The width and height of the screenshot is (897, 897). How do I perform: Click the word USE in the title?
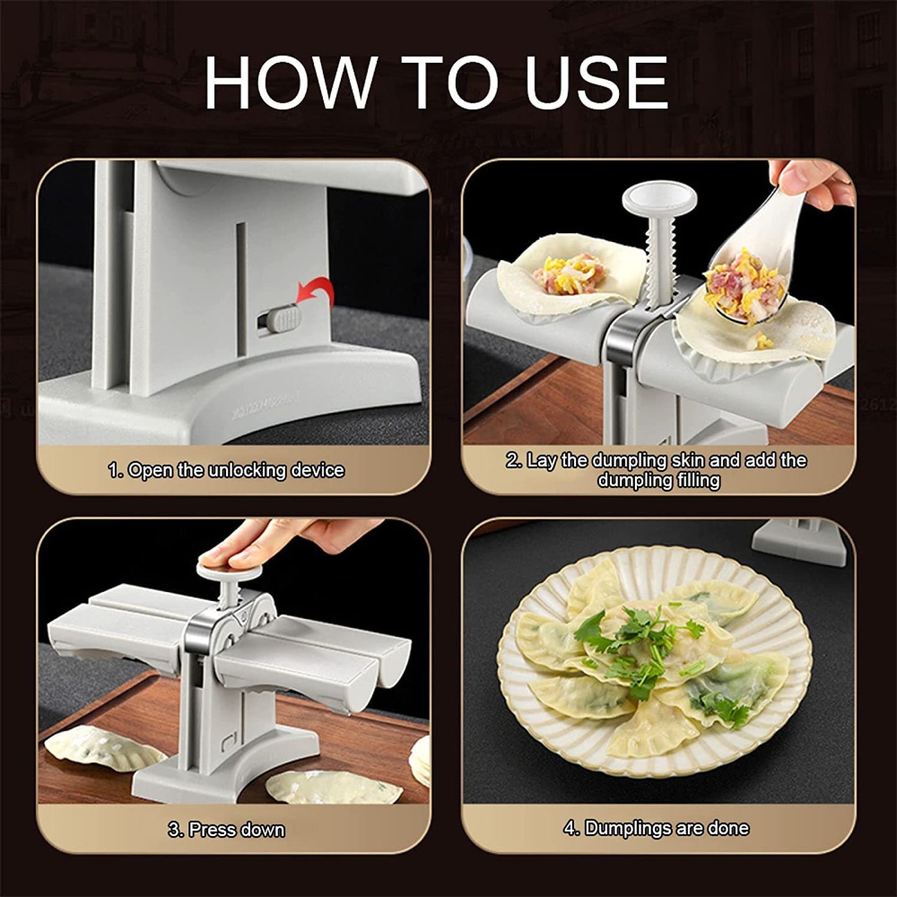pyautogui.click(x=596, y=83)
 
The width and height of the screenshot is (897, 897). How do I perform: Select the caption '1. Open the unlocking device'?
pyautogui.click(x=226, y=471)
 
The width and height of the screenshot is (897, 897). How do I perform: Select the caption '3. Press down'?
pyautogui.click(x=226, y=830)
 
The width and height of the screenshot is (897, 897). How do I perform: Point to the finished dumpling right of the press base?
pyautogui.click(x=317, y=785)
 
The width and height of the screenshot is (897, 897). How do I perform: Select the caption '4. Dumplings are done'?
pyautogui.click(x=656, y=829)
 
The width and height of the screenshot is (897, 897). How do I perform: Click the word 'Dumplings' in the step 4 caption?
pyautogui.click(x=626, y=829)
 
